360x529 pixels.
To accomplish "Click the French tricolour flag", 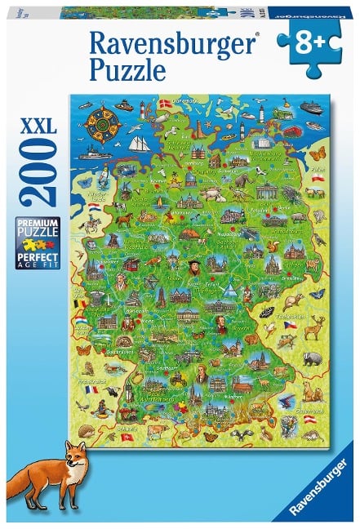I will (x=92, y=389).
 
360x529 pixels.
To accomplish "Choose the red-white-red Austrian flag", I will (x=311, y=419).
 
